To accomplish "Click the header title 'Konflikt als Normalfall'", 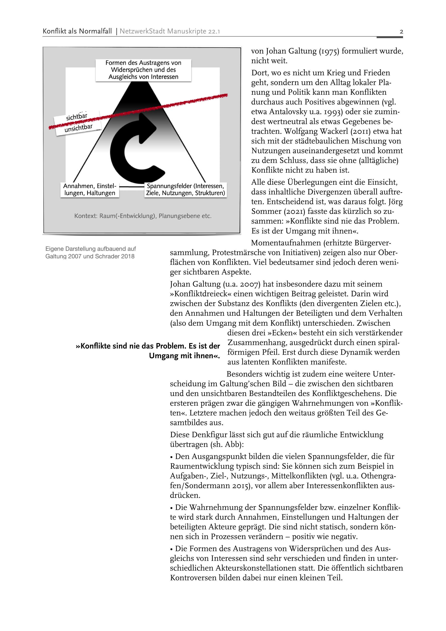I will [x=77, y=31].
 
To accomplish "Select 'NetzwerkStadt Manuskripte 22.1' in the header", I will [x=170, y=31].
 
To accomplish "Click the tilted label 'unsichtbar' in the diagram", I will [x=78, y=128].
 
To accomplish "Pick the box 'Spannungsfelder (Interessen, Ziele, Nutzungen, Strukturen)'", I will [x=185, y=190].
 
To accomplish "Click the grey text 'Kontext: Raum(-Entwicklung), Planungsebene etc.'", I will [x=143, y=216].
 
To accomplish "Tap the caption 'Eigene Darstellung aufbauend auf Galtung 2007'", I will [x=90, y=252].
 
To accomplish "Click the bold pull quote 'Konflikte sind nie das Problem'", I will [x=148, y=351].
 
